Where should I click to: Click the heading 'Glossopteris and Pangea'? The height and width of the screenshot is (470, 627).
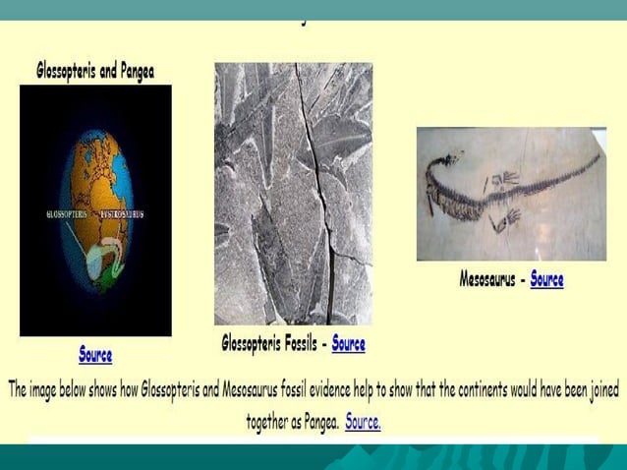pyautogui.click(x=95, y=71)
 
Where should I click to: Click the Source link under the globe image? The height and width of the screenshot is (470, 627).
pyautogui.click(x=95, y=354)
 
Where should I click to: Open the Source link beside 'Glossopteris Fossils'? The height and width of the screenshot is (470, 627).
pyautogui.click(x=348, y=343)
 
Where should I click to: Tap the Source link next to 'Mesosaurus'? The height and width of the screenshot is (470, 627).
pyautogui.click(x=546, y=279)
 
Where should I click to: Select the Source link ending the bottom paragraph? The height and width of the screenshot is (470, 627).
pyautogui.click(x=363, y=423)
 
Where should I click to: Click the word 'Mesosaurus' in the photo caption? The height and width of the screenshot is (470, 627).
pyautogui.click(x=487, y=279)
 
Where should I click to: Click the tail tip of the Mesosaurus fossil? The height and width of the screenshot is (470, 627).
pyautogui.click(x=598, y=154)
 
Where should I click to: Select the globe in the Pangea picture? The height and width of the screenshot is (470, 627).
pyautogui.click(x=95, y=208)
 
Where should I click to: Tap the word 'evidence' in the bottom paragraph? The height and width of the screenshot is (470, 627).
pyautogui.click(x=301, y=390)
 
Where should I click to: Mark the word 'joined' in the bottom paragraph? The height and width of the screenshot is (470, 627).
pyautogui.click(x=598, y=390)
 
